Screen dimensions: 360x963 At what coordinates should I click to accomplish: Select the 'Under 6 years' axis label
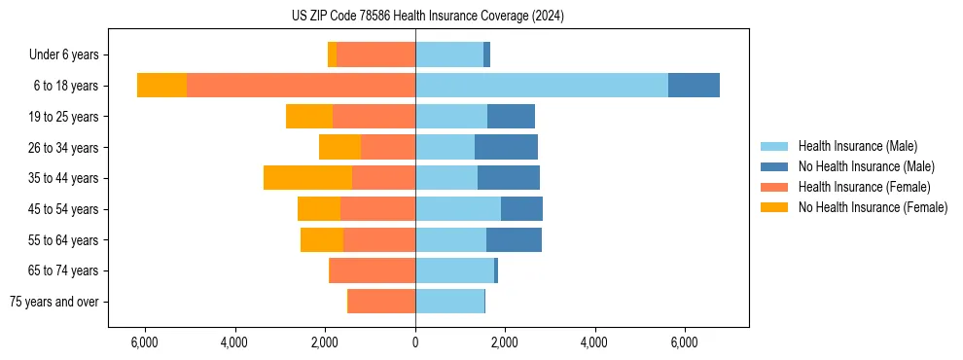click(70, 55)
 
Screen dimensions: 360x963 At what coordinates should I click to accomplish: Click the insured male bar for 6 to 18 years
click(541, 86)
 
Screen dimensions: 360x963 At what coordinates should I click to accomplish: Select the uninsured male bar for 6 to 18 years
click(694, 86)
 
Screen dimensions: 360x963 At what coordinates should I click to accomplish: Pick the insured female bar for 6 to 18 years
click(301, 86)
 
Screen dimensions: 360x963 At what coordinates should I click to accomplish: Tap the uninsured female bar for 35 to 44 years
click(307, 178)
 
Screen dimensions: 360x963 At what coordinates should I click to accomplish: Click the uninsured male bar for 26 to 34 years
click(506, 147)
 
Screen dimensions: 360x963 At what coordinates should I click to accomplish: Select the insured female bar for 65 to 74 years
click(373, 270)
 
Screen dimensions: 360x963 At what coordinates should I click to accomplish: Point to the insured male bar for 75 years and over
click(449, 302)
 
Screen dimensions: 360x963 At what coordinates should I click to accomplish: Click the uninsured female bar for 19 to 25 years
click(309, 117)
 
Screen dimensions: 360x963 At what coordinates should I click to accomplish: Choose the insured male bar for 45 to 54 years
click(458, 209)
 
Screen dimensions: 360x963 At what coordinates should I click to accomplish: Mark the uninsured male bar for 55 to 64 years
click(514, 239)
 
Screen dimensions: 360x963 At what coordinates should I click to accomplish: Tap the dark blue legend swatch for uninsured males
click(774, 166)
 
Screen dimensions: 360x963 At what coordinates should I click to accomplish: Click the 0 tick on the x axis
click(415, 342)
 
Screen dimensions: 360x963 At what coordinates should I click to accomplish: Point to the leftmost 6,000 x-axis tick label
click(144, 342)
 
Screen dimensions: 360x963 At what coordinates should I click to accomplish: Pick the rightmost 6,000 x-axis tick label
click(684, 342)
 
